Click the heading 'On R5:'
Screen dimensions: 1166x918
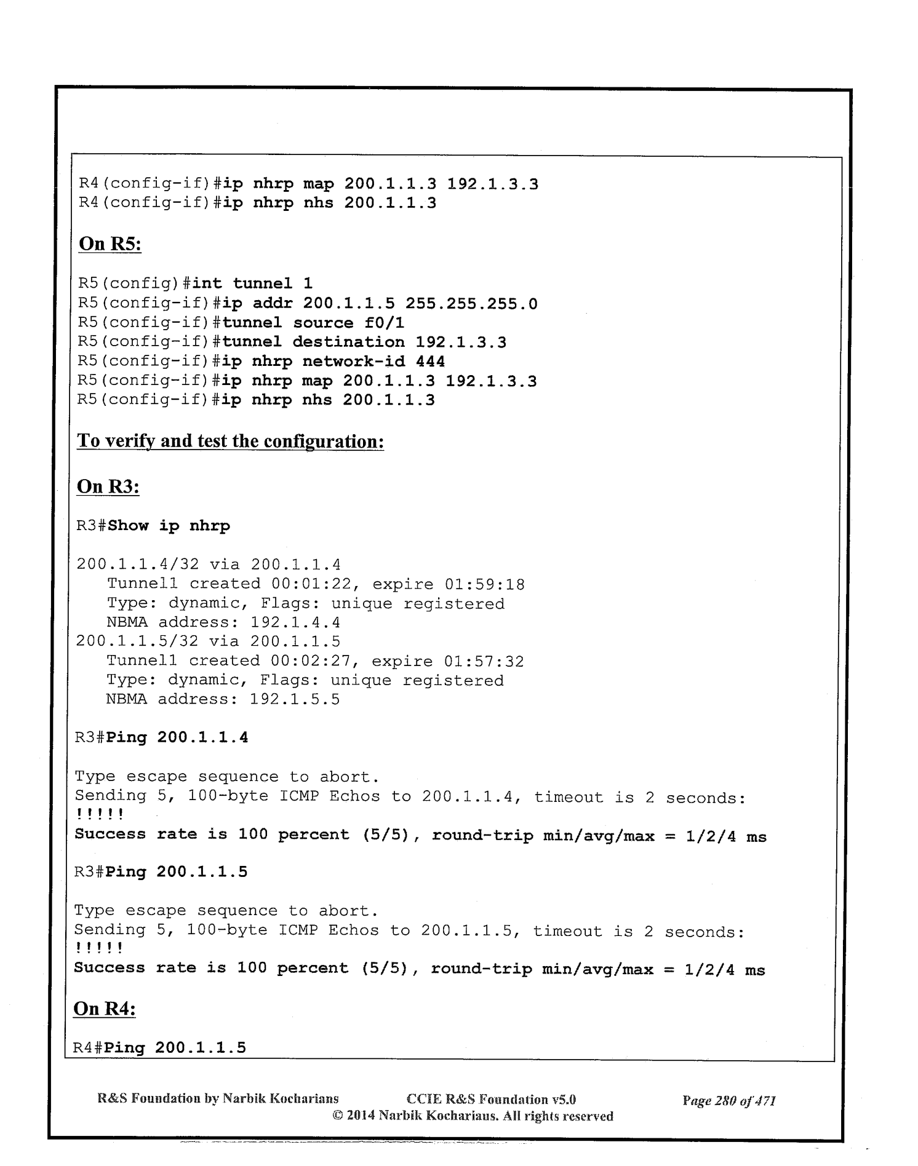coord(110,244)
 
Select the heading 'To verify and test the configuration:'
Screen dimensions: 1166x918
coord(230,442)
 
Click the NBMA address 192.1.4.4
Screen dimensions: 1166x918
coord(295,622)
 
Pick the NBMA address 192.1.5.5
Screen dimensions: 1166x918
coord(295,699)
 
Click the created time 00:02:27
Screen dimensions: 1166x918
coord(311,661)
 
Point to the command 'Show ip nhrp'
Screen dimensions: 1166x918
coord(169,526)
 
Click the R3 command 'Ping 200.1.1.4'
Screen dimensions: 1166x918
coord(177,737)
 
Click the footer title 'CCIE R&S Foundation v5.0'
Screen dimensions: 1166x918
coord(491,1099)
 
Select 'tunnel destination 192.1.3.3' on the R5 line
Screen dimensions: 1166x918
coord(364,342)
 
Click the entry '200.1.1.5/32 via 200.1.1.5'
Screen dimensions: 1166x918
coord(208,641)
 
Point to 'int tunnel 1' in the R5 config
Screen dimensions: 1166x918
coord(252,284)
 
